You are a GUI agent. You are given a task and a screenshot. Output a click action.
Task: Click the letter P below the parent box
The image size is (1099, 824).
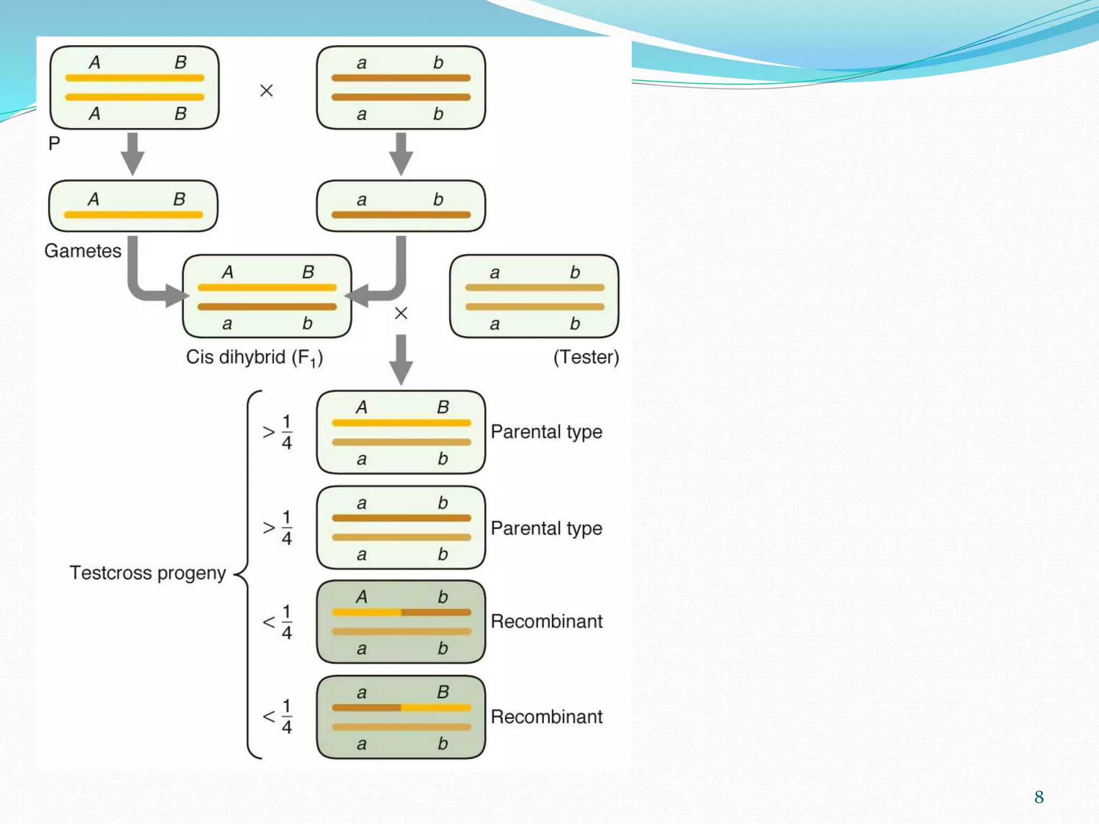click(x=54, y=143)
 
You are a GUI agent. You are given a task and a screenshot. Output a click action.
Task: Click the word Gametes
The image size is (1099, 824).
click(x=83, y=251)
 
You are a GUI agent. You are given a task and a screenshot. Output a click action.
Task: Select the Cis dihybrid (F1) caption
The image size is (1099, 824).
click(x=254, y=357)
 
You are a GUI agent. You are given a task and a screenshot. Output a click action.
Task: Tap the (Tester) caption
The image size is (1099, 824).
click(x=586, y=357)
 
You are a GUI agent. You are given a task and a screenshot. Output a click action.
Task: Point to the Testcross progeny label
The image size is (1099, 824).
click(x=148, y=572)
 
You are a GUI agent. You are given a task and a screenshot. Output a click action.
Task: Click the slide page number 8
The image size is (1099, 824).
click(x=1039, y=797)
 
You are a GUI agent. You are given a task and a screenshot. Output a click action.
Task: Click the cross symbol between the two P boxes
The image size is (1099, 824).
click(x=266, y=91)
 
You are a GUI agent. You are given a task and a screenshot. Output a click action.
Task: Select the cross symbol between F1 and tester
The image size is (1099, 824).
click(x=401, y=313)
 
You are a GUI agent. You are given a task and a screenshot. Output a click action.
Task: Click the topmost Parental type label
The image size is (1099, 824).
click(x=546, y=431)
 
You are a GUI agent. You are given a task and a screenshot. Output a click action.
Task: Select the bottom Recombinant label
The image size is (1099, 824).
click(x=546, y=717)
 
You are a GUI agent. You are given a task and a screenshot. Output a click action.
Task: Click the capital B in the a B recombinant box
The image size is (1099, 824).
click(x=443, y=692)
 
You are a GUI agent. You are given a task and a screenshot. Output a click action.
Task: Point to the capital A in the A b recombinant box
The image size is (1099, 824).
click(x=362, y=597)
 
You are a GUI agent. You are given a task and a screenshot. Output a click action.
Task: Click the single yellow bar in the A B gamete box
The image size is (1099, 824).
click(x=133, y=215)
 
